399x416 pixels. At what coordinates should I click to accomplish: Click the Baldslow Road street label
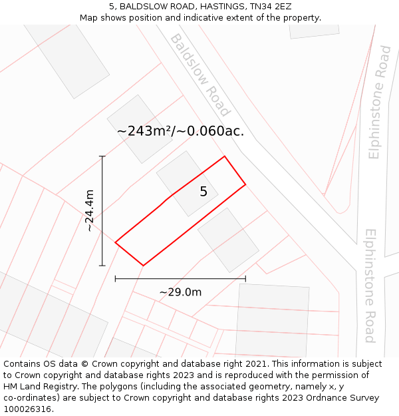click(x=199, y=75)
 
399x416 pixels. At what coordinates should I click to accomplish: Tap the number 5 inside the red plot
click(x=203, y=192)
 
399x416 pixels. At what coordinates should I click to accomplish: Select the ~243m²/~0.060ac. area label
click(x=180, y=131)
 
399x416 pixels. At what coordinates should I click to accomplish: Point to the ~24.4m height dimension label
click(x=90, y=210)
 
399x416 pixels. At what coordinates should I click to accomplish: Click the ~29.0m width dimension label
click(x=180, y=292)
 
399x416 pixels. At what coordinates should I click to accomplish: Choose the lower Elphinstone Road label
click(x=370, y=286)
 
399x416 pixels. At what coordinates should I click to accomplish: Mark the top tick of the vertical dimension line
click(x=102, y=156)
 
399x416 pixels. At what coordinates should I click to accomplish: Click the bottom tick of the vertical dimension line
click(x=102, y=266)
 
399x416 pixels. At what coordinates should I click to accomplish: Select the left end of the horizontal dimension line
click(x=116, y=279)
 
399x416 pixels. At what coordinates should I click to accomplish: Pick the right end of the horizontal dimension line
click(x=245, y=279)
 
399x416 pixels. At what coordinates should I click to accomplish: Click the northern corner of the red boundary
click(x=224, y=156)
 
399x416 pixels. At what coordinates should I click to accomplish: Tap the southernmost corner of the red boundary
click(x=143, y=266)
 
